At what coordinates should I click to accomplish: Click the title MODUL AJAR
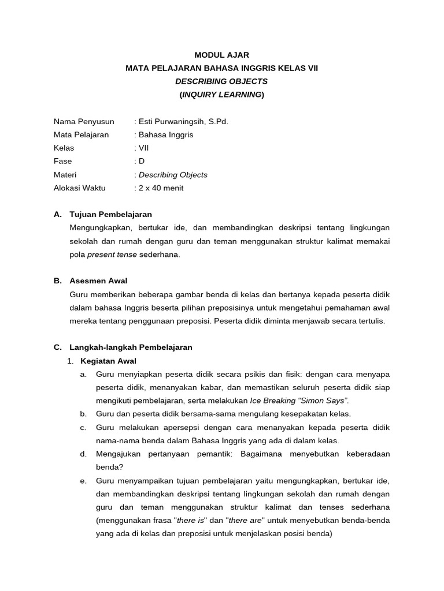point(221,55)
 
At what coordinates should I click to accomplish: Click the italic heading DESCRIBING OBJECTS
point(221,81)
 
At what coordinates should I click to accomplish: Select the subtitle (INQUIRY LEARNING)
point(221,95)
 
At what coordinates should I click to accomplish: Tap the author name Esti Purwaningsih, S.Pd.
point(179,122)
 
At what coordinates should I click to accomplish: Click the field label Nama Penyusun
point(84,122)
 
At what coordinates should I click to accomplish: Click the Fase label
point(63,162)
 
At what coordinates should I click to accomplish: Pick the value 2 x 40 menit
point(160,188)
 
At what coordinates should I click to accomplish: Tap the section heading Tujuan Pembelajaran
point(110,214)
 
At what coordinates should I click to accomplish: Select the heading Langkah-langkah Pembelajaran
point(131,347)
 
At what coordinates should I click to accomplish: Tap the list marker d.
point(83,454)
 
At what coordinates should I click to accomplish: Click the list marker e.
point(83,481)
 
